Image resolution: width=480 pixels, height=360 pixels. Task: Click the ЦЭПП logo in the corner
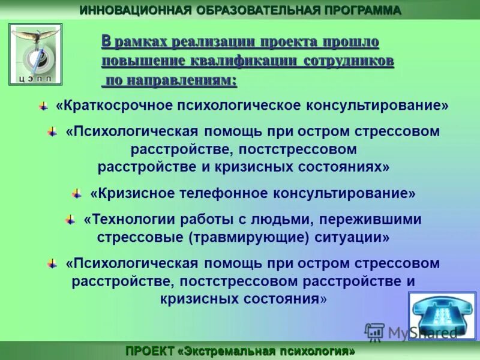pos(35,54)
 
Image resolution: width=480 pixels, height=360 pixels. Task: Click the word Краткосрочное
pos(114,106)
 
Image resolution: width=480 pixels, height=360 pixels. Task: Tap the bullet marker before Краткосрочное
pos(43,106)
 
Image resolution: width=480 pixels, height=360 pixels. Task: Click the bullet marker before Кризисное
pos(76,193)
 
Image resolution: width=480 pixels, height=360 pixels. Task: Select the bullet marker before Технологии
pos(70,220)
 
